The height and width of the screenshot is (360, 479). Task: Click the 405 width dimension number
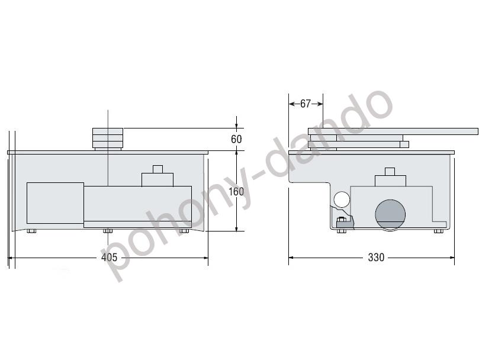tap(109, 258)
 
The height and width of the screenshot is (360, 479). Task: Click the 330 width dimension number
tap(376, 258)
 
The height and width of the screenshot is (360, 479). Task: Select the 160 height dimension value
tap(236, 191)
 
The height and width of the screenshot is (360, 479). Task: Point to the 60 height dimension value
tap(236, 139)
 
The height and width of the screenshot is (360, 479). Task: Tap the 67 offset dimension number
tap(306, 104)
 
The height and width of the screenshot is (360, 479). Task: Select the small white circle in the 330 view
tap(342, 200)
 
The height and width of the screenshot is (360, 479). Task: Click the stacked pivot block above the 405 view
tap(108, 139)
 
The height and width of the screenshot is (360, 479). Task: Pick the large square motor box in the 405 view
tap(54, 203)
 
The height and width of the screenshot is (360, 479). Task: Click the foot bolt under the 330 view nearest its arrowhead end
tap(438, 231)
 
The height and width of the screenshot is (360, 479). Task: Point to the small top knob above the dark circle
tap(389, 172)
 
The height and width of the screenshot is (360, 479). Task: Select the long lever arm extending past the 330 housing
tap(438, 131)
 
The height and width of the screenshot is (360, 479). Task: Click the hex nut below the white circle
tap(341, 222)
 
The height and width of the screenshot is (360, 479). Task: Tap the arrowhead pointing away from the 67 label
tap(320, 104)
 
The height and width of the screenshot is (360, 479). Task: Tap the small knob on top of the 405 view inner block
tap(157, 169)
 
